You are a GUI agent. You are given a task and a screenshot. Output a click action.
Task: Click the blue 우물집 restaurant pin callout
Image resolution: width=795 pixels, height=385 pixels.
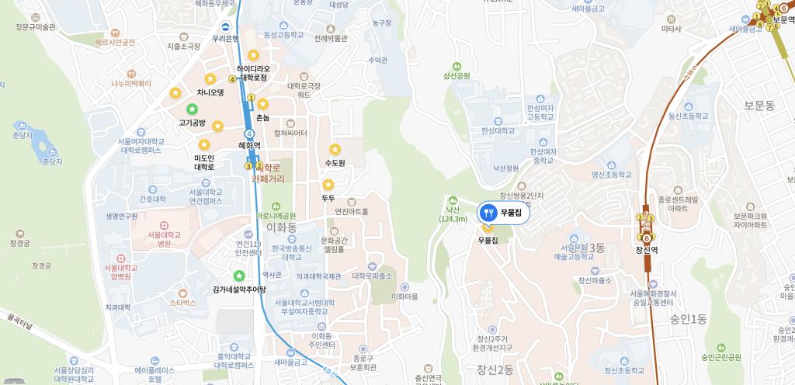pyautogui.click(x=504, y=212)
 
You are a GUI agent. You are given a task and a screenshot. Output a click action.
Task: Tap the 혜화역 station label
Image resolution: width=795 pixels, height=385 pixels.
pyautogui.click(x=249, y=145)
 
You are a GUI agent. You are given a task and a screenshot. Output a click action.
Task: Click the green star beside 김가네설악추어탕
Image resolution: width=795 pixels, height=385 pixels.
pyautogui.click(x=239, y=276)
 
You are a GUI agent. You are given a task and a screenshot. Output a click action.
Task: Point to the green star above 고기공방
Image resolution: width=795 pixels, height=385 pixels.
pyautogui.click(x=192, y=109)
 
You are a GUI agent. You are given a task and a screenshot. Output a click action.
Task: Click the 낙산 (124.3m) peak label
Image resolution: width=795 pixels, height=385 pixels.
pyautogui.click(x=453, y=213)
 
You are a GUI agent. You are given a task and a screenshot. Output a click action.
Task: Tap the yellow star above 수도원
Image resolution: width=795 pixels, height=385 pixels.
pyautogui.click(x=335, y=149)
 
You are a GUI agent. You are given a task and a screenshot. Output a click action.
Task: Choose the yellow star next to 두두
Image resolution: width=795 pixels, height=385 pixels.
pyautogui.click(x=328, y=185)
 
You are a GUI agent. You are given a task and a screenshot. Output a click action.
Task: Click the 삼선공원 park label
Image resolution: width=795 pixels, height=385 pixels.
pyautogui.click(x=457, y=76)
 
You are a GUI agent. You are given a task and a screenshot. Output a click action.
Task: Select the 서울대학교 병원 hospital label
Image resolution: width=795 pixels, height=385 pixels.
pyautogui.click(x=153, y=238)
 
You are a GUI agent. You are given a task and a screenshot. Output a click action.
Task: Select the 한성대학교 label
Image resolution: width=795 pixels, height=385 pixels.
pyautogui.click(x=498, y=130)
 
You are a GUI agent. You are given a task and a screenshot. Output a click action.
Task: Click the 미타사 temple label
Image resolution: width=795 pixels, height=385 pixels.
pyautogui.click(x=671, y=29)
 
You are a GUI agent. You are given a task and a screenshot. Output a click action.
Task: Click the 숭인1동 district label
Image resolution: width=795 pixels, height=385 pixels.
pyautogui.click(x=687, y=318)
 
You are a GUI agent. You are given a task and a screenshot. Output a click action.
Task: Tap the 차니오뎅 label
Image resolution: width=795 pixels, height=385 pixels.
pyautogui.click(x=210, y=92)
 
